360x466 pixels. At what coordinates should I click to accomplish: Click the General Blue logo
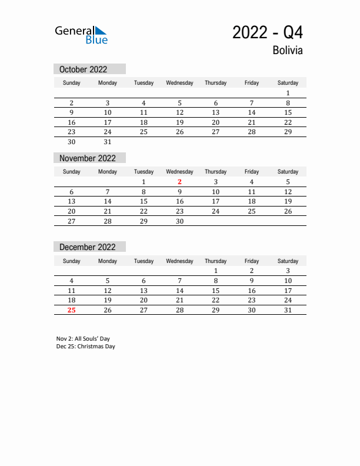(81, 35)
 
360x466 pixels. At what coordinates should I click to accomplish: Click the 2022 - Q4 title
(268, 32)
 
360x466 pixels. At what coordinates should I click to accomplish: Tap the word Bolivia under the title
(288, 51)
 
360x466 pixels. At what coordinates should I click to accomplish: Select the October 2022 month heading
(83, 69)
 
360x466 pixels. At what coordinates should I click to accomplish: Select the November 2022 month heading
(88, 158)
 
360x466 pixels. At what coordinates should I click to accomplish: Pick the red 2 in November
(179, 182)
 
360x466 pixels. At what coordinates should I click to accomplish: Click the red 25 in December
(71, 310)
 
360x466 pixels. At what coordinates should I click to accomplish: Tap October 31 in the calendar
(108, 142)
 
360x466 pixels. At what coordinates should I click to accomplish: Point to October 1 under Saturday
(288, 93)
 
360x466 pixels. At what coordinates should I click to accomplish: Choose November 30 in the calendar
(179, 221)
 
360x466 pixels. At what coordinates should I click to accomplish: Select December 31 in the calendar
(288, 310)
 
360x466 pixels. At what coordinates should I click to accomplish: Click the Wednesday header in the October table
(179, 83)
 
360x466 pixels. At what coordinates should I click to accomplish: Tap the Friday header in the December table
(252, 261)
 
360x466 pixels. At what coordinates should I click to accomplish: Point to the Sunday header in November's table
(71, 172)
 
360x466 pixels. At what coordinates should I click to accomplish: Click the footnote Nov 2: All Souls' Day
(83, 339)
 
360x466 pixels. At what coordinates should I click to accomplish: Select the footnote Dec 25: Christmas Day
(86, 347)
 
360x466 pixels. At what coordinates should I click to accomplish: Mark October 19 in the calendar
(179, 122)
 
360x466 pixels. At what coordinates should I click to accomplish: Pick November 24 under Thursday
(215, 211)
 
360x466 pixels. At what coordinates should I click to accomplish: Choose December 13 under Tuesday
(144, 291)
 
